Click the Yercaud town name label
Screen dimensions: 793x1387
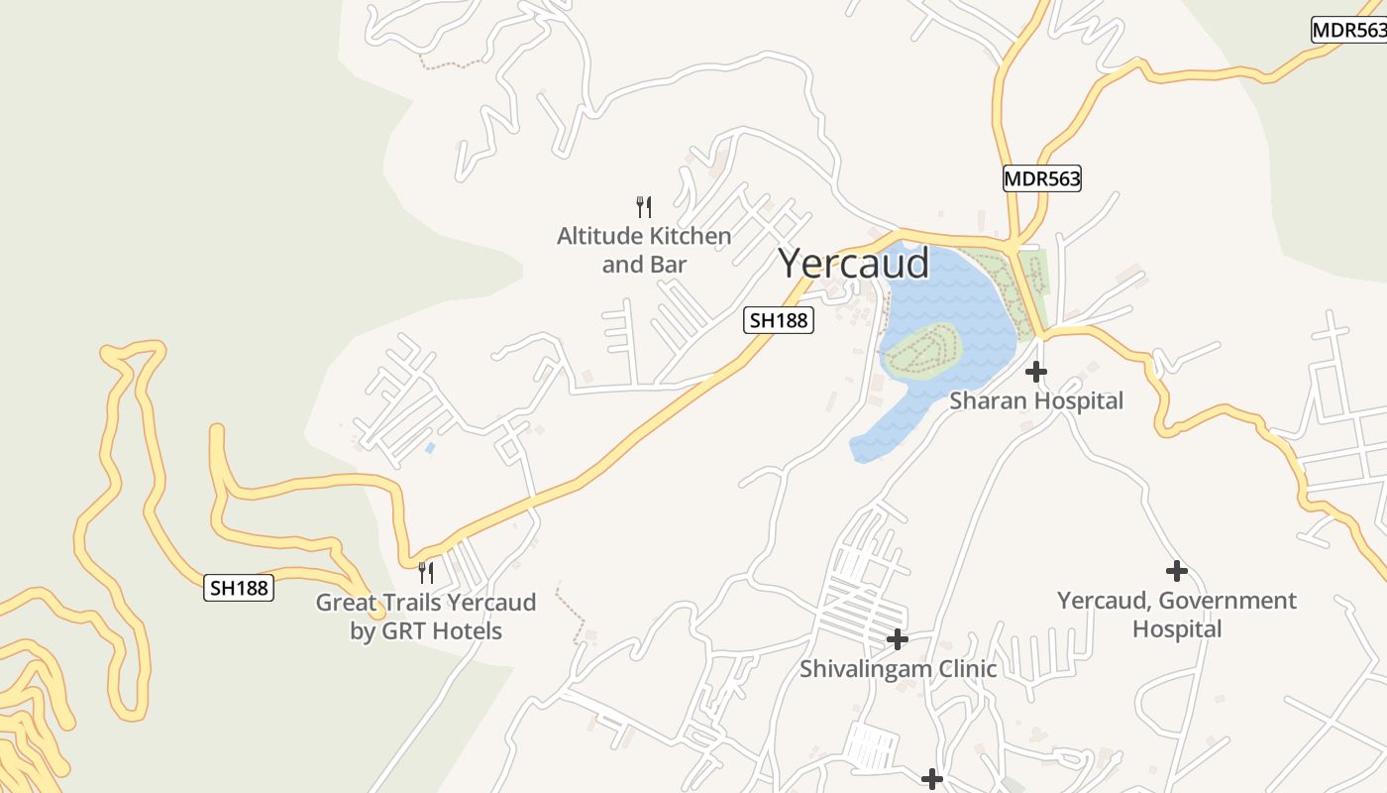coord(853,264)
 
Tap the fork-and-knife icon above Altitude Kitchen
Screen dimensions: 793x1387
coord(643,206)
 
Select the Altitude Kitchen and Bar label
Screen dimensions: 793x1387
coord(643,250)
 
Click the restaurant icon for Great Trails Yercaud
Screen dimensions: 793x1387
coord(425,572)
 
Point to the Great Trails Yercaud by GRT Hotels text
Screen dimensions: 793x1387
coord(426,617)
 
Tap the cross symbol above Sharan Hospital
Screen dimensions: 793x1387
coord(1036,372)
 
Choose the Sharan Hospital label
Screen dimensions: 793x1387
coord(1036,400)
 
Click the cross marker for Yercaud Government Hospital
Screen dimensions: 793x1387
coord(1176,571)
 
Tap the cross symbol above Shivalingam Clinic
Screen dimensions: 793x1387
coord(897,639)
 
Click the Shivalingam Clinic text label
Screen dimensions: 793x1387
coord(898,669)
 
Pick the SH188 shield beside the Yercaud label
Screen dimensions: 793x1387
coord(779,320)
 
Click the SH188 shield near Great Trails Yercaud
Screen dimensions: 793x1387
coord(239,588)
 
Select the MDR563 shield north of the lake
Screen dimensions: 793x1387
coord(1041,178)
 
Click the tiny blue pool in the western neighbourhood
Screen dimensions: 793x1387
coord(429,448)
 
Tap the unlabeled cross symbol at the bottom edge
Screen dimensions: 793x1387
coord(931,779)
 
